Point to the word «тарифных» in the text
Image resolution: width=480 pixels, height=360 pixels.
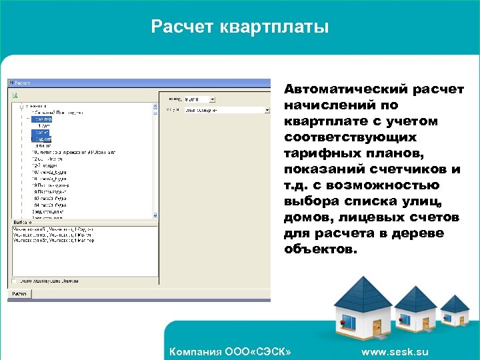(316, 153)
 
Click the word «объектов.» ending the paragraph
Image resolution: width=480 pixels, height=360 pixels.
(321, 249)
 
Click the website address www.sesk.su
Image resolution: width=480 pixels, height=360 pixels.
(395, 352)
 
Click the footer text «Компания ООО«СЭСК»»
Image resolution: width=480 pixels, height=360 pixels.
(231, 352)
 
